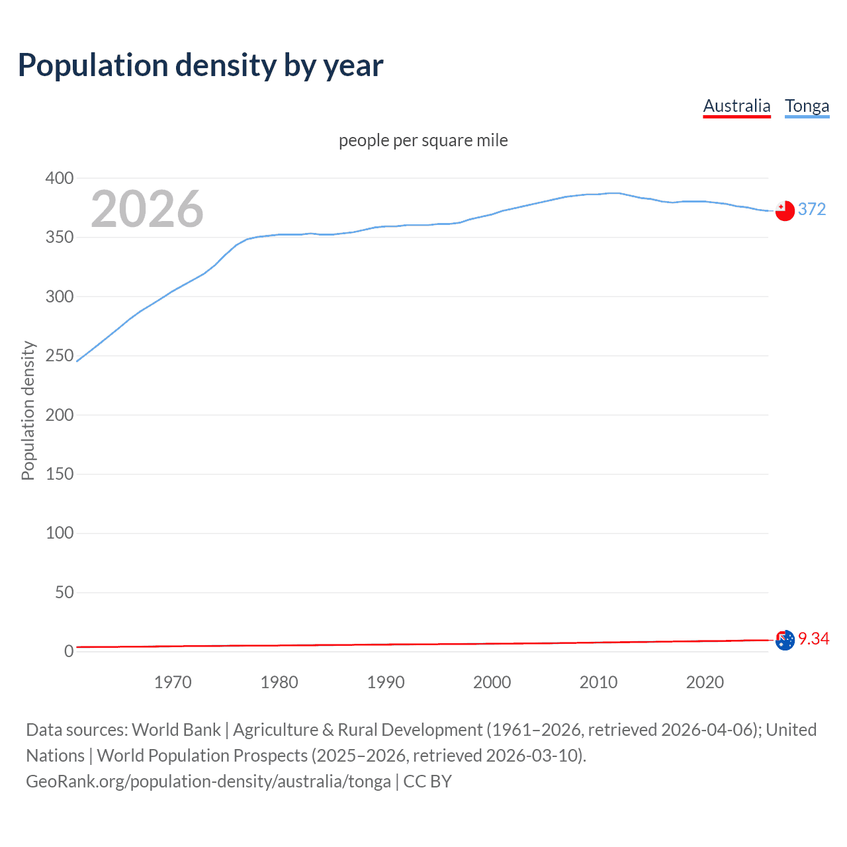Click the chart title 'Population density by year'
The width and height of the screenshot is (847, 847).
tap(201, 66)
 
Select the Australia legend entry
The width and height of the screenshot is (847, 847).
tap(736, 106)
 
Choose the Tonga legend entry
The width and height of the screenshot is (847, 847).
tap(807, 106)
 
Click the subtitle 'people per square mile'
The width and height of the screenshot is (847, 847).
tap(423, 140)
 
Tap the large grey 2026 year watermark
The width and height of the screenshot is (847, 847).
tap(147, 209)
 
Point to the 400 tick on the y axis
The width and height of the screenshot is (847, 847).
tap(60, 178)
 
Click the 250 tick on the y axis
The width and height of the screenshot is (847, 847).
tap(60, 355)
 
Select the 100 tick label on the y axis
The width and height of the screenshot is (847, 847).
tap(60, 533)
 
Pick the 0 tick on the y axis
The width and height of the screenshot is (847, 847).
tap(69, 651)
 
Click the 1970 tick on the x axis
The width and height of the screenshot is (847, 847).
tap(173, 682)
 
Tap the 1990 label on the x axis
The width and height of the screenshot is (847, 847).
tap(386, 682)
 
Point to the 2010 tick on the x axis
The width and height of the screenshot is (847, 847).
tap(598, 682)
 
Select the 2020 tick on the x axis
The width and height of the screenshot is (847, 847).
tap(705, 682)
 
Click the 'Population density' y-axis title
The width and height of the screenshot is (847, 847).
tap(28, 410)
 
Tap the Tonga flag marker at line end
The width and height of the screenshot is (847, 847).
tap(785, 210)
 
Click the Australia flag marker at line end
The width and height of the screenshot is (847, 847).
tap(785, 640)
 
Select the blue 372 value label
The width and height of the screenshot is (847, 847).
tap(812, 209)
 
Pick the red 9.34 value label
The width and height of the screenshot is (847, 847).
tap(813, 639)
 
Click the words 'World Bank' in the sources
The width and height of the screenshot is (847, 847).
tap(176, 729)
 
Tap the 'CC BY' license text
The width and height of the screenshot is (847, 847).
tap(427, 781)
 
